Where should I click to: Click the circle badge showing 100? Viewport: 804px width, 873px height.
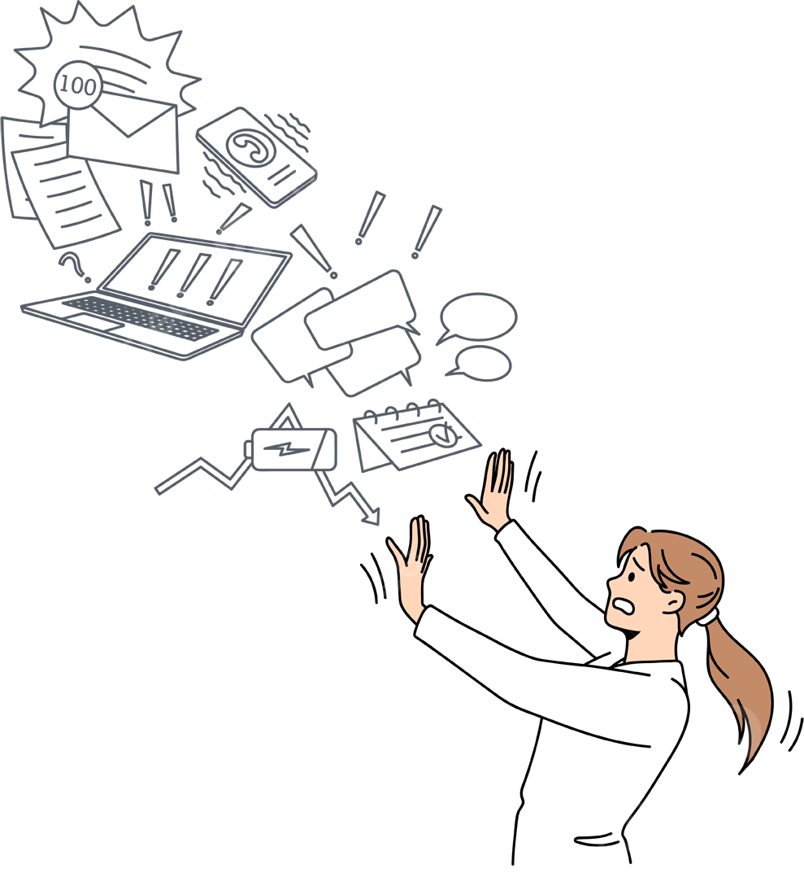tap(78, 85)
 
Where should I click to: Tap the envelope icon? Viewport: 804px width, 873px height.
tap(123, 137)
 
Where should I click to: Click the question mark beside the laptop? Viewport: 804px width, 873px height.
tap(75, 267)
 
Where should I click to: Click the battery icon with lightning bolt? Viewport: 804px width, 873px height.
tap(290, 449)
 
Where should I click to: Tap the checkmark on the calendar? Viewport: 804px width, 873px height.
tap(442, 434)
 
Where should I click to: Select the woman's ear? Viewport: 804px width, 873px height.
tap(673, 601)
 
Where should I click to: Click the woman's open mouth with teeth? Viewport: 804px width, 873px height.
tap(623, 605)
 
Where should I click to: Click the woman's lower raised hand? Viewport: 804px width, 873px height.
tap(411, 568)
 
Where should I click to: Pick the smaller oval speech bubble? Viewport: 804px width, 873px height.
tap(480, 364)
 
